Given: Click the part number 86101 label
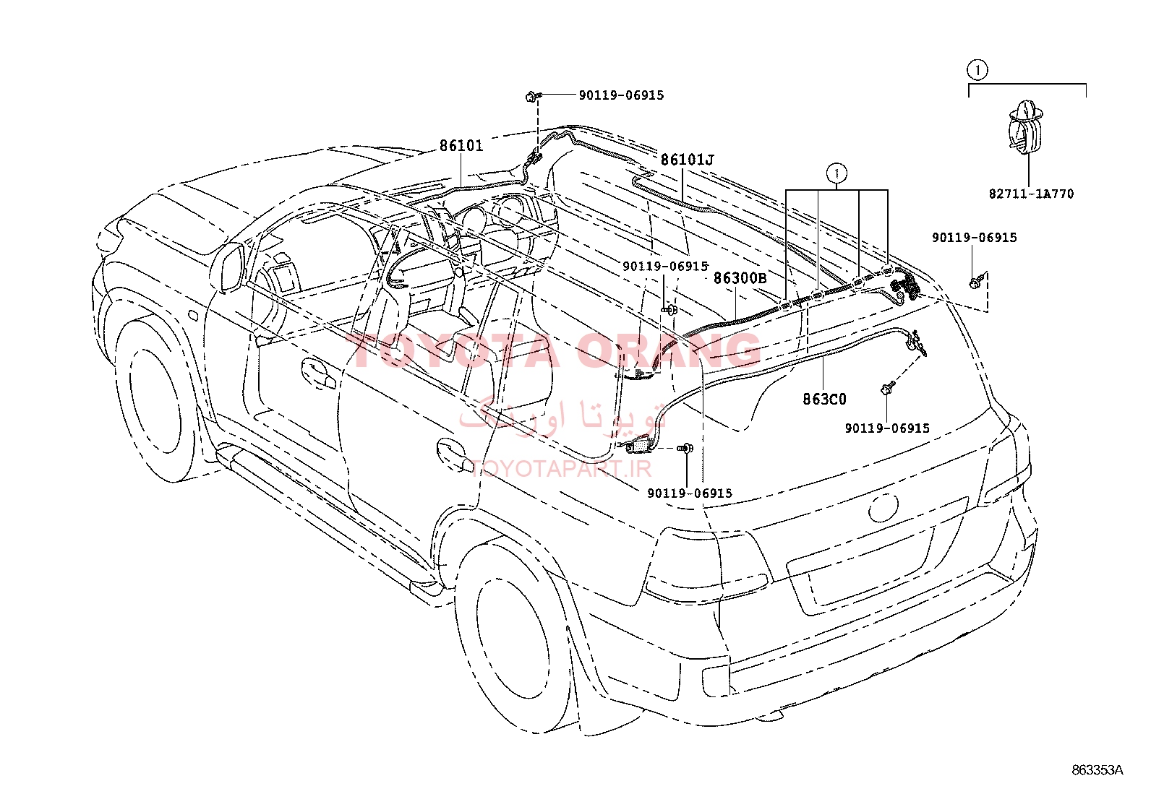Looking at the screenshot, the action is pyautogui.click(x=461, y=146).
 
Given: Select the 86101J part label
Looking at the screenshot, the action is pyautogui.click(x=687, y=160).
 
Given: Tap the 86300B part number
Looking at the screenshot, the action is pyautogui.click(x=740, y=278).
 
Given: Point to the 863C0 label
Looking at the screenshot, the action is pyautogui.click(x=824, y=399).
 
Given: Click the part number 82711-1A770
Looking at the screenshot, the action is pyautogui.click(x=1031, y=194).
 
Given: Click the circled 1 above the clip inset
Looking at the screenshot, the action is pyautogui.click(x=977, y=70).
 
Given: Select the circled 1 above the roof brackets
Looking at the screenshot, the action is pyautogui.click(x=836, y=174).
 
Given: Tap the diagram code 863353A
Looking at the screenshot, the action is pyautogui.click(x=1097, y=770).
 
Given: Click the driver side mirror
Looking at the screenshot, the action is pyautogui.click(x=228, y=267).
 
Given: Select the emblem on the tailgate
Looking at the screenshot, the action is pyautogui.click(x=883, y=507).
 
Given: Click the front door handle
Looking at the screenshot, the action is pyautogui.click(x=319, y=374).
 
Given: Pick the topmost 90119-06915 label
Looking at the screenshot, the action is pyautogui.click(x=621, y=95).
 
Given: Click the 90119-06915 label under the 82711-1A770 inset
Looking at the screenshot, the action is pyautogui.click(x=975, y=237).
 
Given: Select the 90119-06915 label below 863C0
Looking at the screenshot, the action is pyautogui.click(x=887, y=428).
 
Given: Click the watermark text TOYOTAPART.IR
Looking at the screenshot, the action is pyautogui.click(x=561, y=468).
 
